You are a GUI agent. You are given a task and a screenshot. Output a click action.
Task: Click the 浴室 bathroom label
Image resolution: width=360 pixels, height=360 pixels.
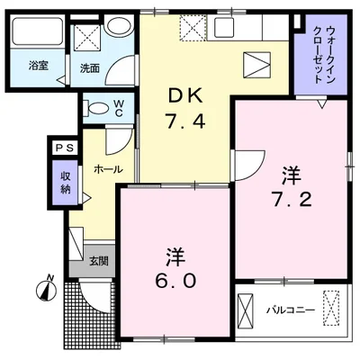click(x=37, y=66)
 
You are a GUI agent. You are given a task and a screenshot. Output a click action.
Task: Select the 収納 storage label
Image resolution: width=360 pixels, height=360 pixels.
click(x=66, y=183)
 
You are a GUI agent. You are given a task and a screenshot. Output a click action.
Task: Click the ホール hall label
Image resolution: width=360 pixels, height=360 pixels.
click(x=101, y=168)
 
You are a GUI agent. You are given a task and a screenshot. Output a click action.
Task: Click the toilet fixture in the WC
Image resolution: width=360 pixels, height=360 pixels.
click(x=96, y=107)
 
